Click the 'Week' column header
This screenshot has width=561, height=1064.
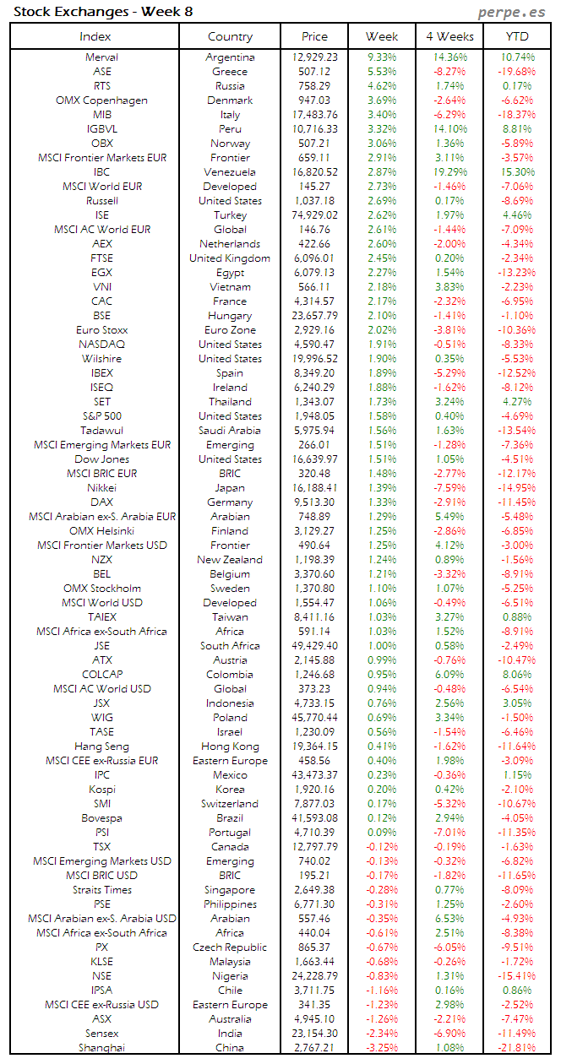[x=382, y=36]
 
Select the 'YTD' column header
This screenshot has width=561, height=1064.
[x=516, y=36]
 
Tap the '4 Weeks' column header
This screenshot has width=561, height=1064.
[x=449, y=36]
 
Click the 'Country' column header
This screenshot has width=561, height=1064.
[x=230, y=36]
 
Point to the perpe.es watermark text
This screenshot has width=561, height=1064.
[x=512, y=12]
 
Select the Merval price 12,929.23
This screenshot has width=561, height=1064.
[x=314, y=57]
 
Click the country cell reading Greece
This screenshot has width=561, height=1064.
[x=230, y=72]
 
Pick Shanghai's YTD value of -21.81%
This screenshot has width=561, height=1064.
[x=516, y=1048]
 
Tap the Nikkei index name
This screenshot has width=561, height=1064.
[x=102, y=488]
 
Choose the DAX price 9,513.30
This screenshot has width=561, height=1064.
[x=314, y=502]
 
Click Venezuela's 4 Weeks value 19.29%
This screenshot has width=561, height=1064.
[x=449, y=172]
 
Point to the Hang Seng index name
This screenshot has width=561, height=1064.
[x=102, y=746]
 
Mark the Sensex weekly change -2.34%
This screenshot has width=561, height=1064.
[x=382, y=1034]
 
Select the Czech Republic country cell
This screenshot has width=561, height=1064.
[x=230, y=947]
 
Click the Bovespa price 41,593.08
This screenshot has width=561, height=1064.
[x=314, y=818]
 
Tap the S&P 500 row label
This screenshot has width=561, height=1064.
[x=102, y=416]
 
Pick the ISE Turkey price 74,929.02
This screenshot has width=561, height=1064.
[x=314, y=215]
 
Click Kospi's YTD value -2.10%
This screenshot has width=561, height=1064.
[x=516, y=790]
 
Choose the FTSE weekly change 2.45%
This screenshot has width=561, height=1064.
[x=382, y=258]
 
